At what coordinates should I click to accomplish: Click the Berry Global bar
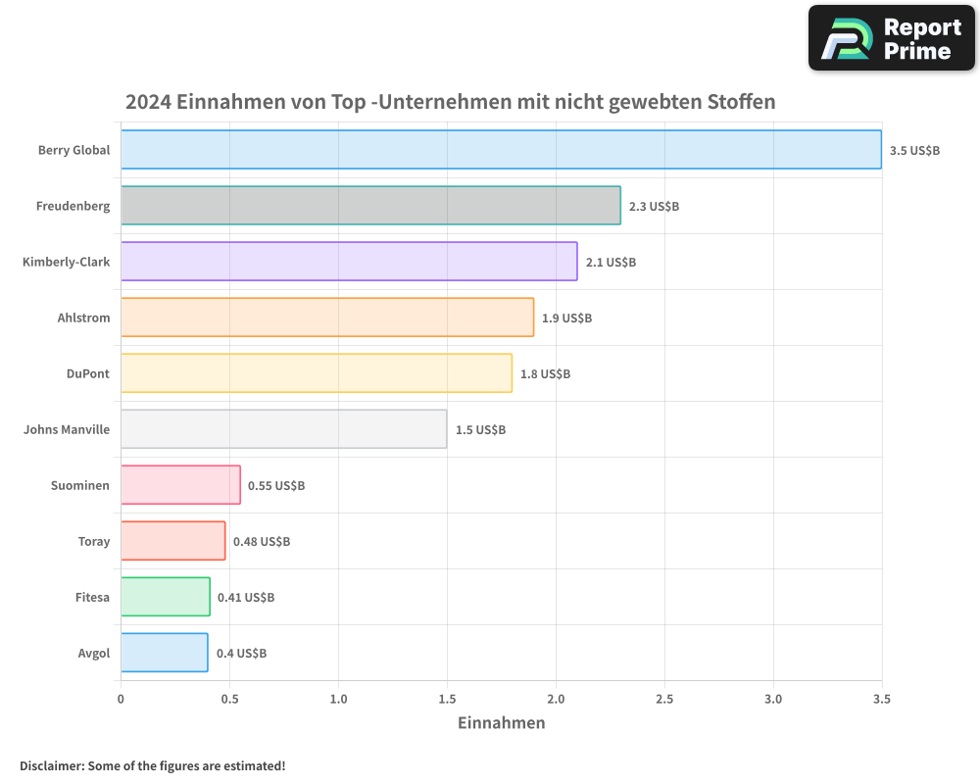(501, 150)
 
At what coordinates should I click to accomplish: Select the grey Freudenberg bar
(370, 206)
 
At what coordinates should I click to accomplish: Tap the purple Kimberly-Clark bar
(349, 262)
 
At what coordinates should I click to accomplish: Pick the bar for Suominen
(180, 485)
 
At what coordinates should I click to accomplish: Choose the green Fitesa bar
(165, 597)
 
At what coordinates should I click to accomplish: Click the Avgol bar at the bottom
(164, 653)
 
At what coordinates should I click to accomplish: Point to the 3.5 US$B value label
(914, 151)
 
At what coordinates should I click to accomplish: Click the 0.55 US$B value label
(276, 486)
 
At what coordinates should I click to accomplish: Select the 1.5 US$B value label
(480, 430)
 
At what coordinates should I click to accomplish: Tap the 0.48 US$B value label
(262, 542)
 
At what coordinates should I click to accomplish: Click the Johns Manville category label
(67, 429)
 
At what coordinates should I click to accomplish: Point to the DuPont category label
(88, 373)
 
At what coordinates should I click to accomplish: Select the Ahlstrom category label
(83, 318)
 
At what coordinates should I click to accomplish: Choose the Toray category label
(94, 541)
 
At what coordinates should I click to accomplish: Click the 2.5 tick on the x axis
(664, 699)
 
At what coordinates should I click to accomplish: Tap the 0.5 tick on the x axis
(229, 699)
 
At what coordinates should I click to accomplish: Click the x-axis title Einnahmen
(501, 723)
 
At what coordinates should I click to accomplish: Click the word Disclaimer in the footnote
(51, 765)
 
